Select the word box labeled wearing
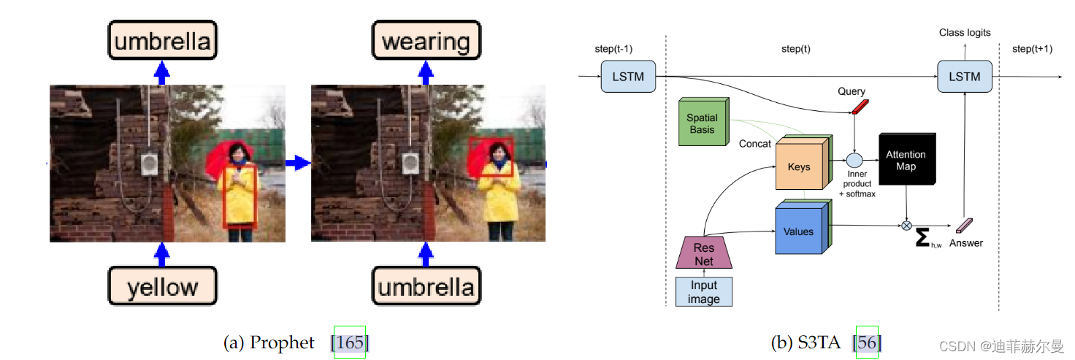pyautogui.click(x=426, y=41)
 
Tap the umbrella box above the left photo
pyautogui.click(x=162, y=41)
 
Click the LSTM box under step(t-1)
pyautogui.click(x=628, y=77)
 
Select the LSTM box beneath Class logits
pyautogui.click(x=964, y=77)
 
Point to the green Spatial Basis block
pyautogui.click(x=702, y=123)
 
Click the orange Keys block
pyautogui.click(x=799, y=166)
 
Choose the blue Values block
pyautogui.click(x=799, y=231)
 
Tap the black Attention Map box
pyautogui.click(x=905, y=161)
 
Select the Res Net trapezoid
pyautogui.click(x=703, y=254)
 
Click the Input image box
pyautogui.click(x=703, y=292)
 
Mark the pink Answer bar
pyautogui.click(x=965, y=226)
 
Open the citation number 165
pyautogui.click(x=350, y=342)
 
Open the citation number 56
pyautogui.click(x=867, y=342)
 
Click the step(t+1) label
pyautogui.click(x=1032, y=49)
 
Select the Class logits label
pyautogui.click(x=964, y=34)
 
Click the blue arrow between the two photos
pyautogui.click(x=298, y=164)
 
